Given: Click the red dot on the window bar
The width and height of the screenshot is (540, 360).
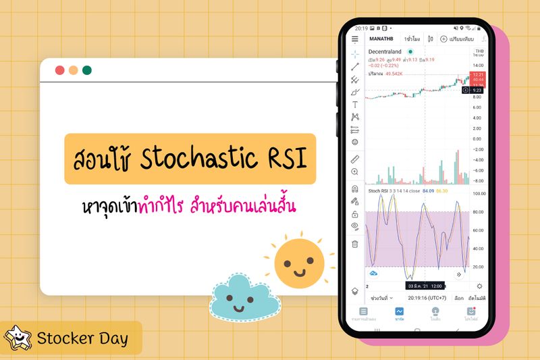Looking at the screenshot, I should point(59,70).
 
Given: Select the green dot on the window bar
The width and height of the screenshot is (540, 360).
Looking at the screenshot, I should point(86,70).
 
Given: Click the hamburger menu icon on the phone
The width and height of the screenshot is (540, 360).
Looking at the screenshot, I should point(355,39).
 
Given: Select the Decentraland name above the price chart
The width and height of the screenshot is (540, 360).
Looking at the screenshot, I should point(385,51).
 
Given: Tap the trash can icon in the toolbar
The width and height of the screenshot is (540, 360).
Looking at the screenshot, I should point(355,244).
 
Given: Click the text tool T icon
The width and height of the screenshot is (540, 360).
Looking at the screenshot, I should point(355,105).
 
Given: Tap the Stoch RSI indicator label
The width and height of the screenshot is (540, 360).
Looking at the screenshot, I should point(378,192).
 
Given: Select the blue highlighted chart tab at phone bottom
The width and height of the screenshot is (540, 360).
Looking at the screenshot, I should point(400,313).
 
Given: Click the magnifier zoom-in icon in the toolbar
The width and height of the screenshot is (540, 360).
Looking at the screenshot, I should point(355,172).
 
